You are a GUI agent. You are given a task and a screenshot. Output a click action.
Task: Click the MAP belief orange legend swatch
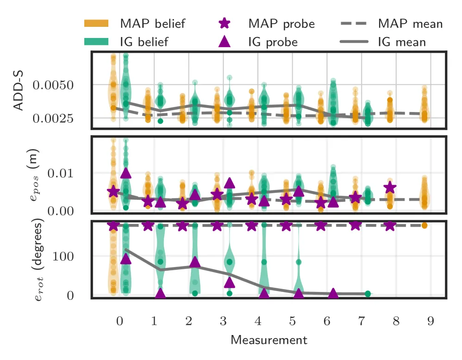(x=96, y=23)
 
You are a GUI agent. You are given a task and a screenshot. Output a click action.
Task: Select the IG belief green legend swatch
(x=96, y=42)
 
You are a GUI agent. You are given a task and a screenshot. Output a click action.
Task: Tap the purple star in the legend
(x=225, y=23)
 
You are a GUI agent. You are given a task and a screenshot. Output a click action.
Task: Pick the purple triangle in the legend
(x=225, y=42)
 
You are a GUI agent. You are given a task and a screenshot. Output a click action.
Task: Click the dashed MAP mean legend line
(x=354, y=24)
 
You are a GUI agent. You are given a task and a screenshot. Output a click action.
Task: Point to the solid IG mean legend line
(x=354, y=42)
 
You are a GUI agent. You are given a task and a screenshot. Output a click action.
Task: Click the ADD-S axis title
(x=19, y=90)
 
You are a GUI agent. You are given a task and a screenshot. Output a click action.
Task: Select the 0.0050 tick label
(x=53, y=85)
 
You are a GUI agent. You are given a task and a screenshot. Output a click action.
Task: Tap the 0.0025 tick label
(x=53, y=118)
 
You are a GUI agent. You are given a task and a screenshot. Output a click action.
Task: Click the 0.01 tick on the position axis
(x=60, y=173)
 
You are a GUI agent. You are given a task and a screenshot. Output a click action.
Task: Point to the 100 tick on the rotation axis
(x=63, y=256)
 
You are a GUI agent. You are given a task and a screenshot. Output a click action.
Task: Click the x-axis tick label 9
(x=431, y=321)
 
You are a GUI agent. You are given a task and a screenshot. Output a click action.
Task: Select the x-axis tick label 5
(x=292, y=321)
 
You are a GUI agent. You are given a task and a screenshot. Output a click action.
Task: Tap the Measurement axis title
(x=269, y=340)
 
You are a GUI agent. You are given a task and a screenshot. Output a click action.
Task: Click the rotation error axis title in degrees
(x=37, y=259)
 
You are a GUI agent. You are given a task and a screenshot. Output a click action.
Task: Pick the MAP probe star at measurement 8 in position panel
(x=390, y=187)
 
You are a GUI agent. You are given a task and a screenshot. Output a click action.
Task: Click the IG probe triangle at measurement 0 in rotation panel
(x=126, y=259)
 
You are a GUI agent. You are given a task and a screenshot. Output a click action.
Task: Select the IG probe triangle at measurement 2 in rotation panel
(x=195, y=261)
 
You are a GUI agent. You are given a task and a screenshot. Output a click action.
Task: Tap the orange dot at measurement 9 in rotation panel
(x=425, y=226)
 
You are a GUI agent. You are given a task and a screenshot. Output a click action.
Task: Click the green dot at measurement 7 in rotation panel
(x=368, y=294)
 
